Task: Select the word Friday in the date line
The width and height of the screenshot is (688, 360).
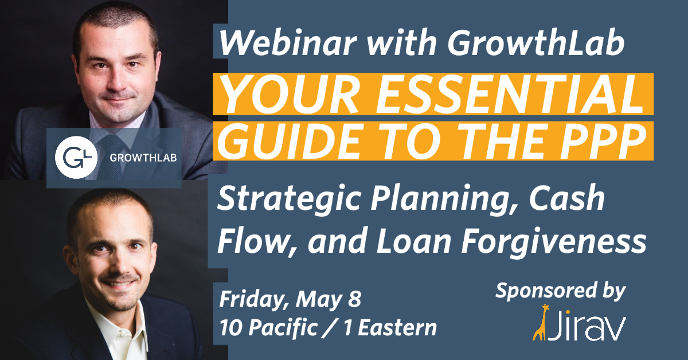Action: click(x=253, y=299)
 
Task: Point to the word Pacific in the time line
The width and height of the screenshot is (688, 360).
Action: click(x=283, y=328)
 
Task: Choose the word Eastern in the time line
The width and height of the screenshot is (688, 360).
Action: click(x=397, y=328)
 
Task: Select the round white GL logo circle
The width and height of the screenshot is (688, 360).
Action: click(x=76, y=157)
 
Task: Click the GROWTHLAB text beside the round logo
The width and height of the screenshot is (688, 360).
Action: click(x=143, y=158)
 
